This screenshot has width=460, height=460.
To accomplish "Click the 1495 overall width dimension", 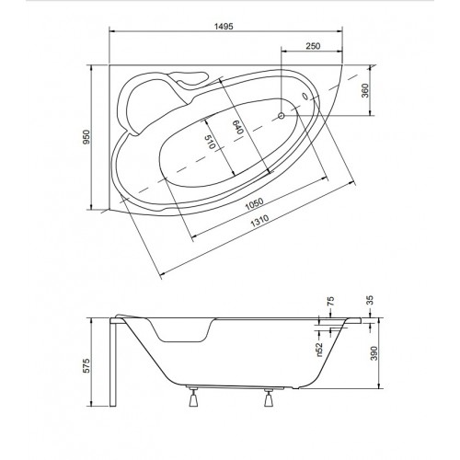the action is click(x=224, y=27).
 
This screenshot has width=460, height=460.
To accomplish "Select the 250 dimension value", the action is click(x=313, y=46).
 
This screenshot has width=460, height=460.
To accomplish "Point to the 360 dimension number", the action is click(x=365, y=90).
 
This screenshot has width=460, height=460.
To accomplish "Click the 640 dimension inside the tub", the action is click(x=237, y=127).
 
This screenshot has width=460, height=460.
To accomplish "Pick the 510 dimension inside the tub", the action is click(x=210, y=142).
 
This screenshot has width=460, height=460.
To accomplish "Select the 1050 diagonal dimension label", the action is click(x=254, y=204).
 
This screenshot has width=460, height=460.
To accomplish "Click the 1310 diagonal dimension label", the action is click(x=259, y=221).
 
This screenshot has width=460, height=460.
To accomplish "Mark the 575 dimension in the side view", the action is click(x=86, y=365).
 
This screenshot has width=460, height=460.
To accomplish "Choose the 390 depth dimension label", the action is click(x=374, y=353).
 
